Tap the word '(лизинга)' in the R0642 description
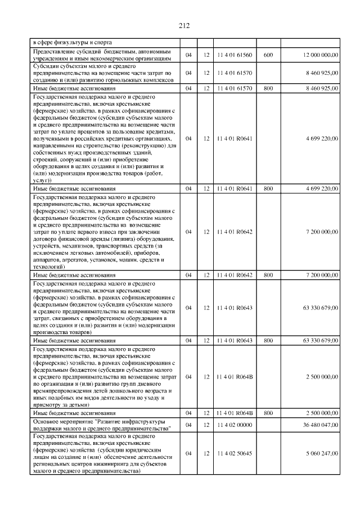pos(112,239)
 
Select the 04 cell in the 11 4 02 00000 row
pos(188,425)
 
